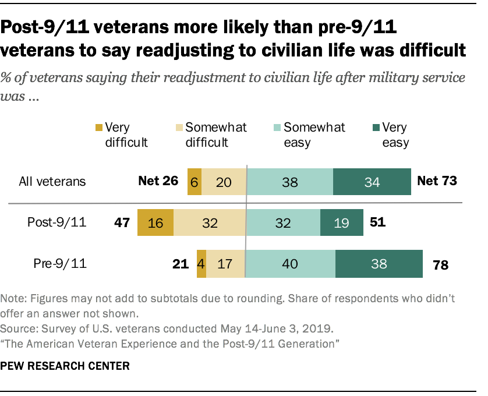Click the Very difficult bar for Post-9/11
pos(155,222)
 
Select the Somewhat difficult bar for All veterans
pos(224,181)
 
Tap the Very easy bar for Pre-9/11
pos(379,264)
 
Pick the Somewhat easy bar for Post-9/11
pos(283,222)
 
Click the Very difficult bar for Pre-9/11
pos(201,264)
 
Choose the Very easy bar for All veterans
pos(372,181)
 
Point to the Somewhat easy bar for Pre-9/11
pos(291,264)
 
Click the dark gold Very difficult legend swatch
pos(99,128)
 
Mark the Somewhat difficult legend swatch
pos(179,128)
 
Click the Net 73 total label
pos(437,181)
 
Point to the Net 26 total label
pos(158,181)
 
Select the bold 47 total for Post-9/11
pos(121,222)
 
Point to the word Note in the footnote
pos(13,298)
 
